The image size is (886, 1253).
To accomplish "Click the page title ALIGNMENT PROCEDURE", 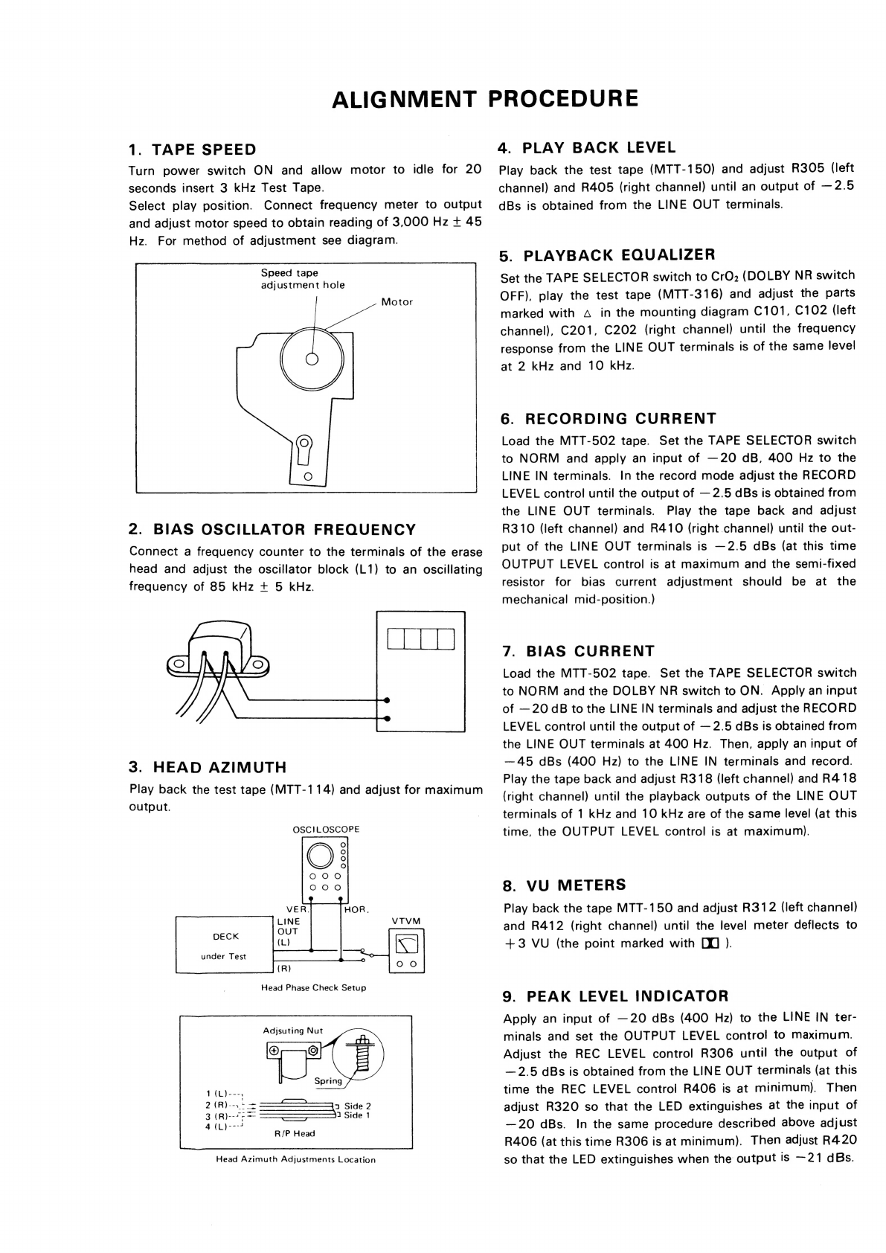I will [484, 99].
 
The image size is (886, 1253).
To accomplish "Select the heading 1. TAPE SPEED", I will [192, 150].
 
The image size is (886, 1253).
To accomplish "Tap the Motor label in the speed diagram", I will [397, 301].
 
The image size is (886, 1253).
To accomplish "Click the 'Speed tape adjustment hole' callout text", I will [302, 279].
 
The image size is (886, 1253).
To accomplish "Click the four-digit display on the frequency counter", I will [420, 639].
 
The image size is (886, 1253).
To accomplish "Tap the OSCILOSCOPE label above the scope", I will [326, 829].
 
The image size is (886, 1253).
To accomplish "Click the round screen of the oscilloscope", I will [321, 856].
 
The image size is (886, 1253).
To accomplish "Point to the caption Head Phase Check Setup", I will [313, 987].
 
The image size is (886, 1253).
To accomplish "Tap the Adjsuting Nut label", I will [293, 1031].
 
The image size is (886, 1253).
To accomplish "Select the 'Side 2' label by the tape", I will [357, 1106].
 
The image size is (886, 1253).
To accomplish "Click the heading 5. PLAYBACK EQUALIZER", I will [607, 255].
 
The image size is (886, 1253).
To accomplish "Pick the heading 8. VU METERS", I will [565, 885].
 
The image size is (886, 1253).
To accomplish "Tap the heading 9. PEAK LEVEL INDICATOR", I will [616, 996].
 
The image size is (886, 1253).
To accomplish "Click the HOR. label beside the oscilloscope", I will [358, 909].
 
